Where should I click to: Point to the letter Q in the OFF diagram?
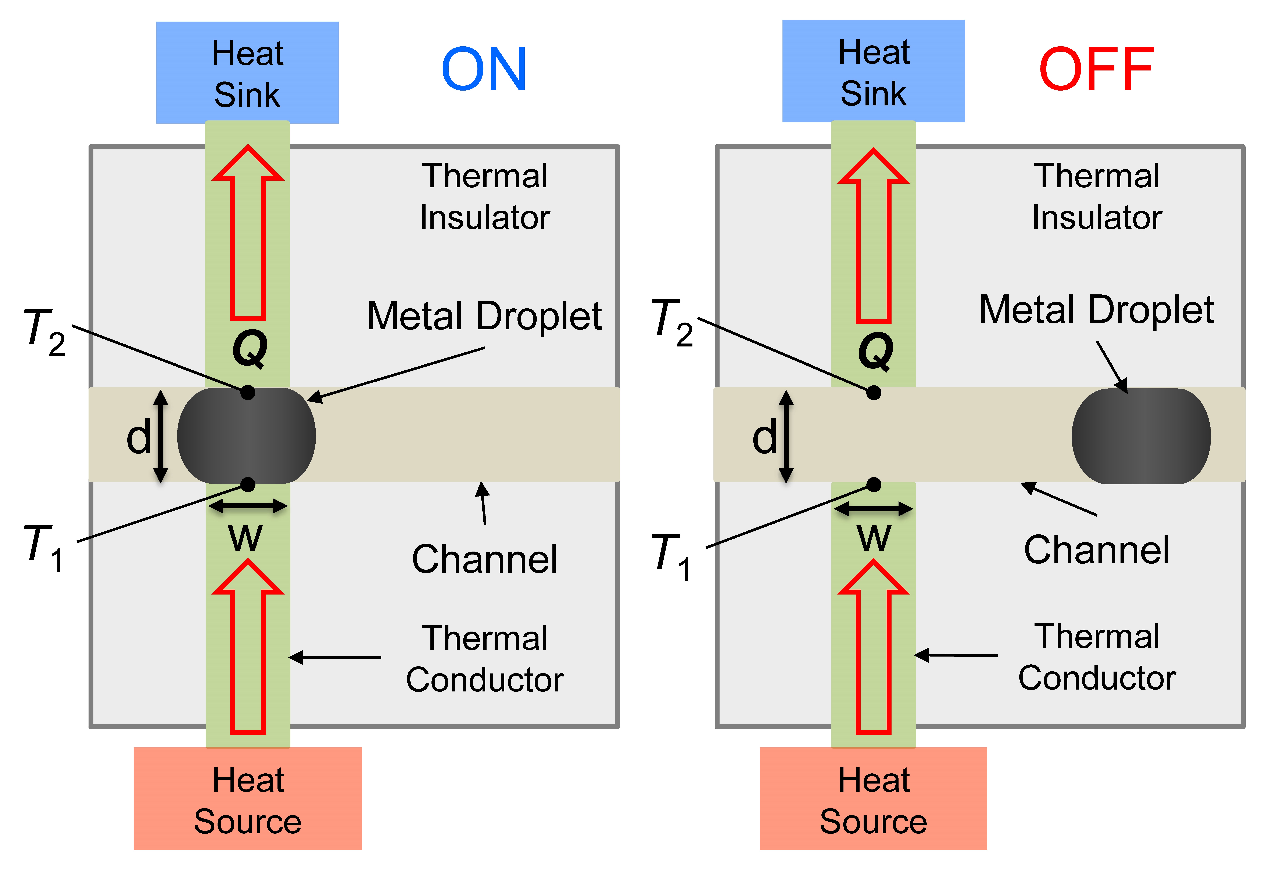pyautogui.click(x=875, y=351)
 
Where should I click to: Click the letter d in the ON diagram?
pyautogui.click(x=138, y=437)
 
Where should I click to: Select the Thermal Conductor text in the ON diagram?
pyautogui.click(x=484, y=658)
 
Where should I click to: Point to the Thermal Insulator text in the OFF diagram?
pyautogui.click(x=1096, y=196)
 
